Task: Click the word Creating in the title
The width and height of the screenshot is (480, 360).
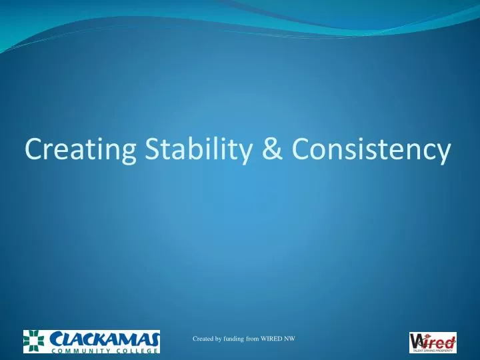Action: tap(82, 150)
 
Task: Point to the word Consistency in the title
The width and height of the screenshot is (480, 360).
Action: tap(371, 150)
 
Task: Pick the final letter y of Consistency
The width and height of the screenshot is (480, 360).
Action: tap(443, 153)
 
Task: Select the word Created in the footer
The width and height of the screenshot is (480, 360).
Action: tap(203, 339)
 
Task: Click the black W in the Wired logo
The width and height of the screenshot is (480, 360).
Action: tap(417, 340)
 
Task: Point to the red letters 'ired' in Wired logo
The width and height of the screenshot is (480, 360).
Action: tap(441, 340)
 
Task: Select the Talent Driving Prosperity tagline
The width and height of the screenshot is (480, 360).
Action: tap(433, 349)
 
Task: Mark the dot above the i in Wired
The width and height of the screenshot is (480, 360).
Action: tap(428, 335)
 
